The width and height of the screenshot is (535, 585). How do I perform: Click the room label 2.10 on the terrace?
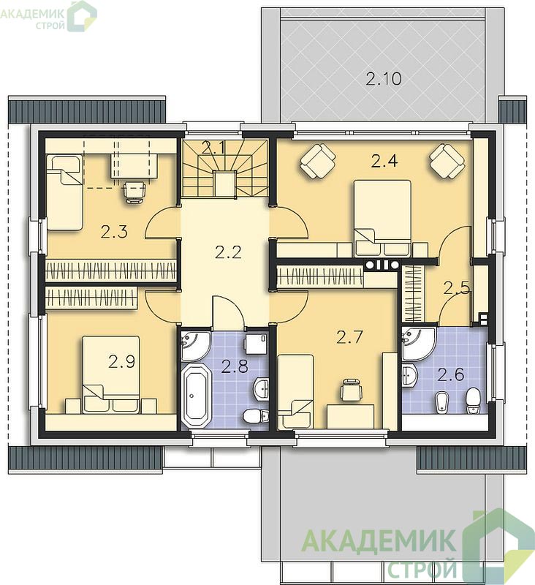(x=383, y=79)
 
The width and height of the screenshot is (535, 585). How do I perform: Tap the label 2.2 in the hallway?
(x=228, y=252)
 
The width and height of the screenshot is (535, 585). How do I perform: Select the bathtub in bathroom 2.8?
(x=196, y=396)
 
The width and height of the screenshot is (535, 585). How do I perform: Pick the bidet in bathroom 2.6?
(x=442, y=403)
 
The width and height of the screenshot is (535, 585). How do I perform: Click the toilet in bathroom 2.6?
(x=474, y=400)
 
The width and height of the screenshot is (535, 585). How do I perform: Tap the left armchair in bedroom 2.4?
(x=318, y=161)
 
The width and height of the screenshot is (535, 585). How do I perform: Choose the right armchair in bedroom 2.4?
(x=447, y=161)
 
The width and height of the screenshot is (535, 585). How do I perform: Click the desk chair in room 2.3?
(x=134, y=192)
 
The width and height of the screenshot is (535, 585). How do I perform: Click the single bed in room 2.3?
(x=64, y=192)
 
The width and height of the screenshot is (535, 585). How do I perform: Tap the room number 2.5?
(x=456, y=287)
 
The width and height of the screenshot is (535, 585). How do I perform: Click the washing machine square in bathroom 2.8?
(x=256, y=344)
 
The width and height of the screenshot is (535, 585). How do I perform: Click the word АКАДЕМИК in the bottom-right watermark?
(x=378, y=541)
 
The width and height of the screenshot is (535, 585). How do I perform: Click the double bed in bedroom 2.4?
(x=382, y=218)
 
